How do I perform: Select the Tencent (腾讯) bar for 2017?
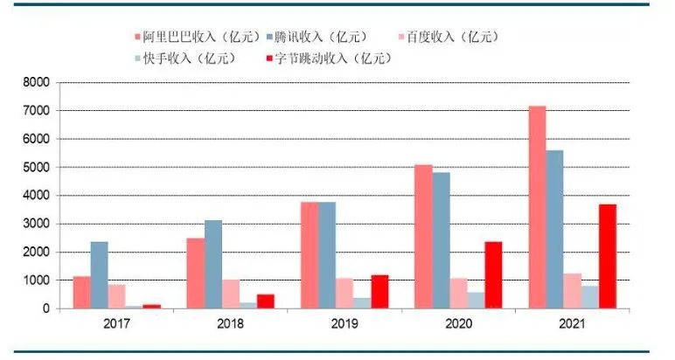pyautogui.click(x=100, y=275)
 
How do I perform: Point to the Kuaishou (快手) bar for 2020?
pyautogui.click(x=476, y=300)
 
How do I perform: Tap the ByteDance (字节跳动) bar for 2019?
pyautogui.click(x=380, y=292)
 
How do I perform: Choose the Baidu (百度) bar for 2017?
pyautogui.click(x=117, y=296)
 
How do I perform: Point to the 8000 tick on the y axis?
pyautogui.click(x=38, y=82)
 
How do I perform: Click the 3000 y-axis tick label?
pyautogui.click(x=38, y=224)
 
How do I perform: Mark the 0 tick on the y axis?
pyautogui.click(x=47, y=308)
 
